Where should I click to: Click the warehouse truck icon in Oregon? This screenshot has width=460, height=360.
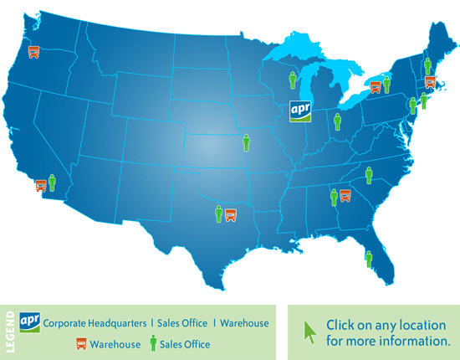tap(33, 52)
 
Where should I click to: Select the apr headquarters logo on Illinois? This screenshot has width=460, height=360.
tap(300, 112)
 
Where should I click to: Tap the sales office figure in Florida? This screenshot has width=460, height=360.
tap(368, 259)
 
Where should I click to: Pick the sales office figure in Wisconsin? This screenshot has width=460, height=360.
tap(293, 80)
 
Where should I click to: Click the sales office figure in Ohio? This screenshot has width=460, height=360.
tap(338, 122)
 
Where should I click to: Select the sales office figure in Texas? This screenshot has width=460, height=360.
tap(219, 213)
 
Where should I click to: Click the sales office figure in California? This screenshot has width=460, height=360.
tap(52, 183)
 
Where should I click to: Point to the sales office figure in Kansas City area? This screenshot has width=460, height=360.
tap(247, 142)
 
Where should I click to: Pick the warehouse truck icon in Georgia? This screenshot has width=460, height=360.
tap(345, 196)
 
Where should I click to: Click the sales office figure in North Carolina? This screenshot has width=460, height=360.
tap(368, 175)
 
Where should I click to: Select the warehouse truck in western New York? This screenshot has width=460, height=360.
tap(376, 85)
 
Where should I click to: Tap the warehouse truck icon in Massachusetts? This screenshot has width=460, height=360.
tap(429, 82)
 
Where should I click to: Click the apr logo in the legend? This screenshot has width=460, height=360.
tap(29, 322)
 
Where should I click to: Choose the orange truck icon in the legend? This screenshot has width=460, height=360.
tap(82, 343)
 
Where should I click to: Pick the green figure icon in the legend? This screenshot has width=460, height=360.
tap(152, 343)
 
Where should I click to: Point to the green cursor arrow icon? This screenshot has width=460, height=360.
tap(309, 331)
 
